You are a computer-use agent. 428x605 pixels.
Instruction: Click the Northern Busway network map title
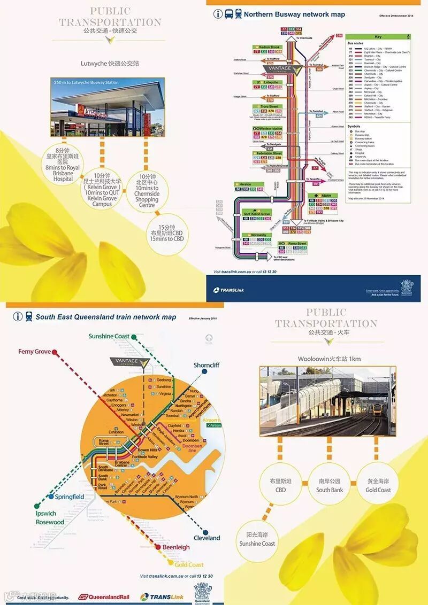294,14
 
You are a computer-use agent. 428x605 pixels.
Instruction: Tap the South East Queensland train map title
105,317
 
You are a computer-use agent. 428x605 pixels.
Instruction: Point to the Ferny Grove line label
35,352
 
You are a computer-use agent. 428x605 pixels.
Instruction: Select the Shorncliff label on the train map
207,365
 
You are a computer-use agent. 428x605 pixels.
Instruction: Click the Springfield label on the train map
70,497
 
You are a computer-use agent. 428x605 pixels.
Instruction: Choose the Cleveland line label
207,538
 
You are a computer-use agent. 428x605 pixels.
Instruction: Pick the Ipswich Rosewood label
50,518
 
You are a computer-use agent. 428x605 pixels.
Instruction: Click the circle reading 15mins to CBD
167,232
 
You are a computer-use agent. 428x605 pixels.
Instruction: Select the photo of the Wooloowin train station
327,401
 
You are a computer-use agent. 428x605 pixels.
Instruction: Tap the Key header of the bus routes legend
378,37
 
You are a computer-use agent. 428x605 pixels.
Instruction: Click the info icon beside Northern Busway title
218,14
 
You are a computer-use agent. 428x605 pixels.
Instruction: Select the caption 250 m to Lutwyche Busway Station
86,83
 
